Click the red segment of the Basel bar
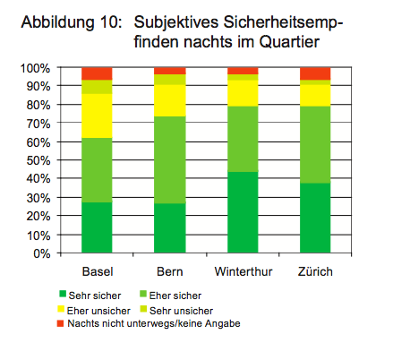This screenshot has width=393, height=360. click(97, 73)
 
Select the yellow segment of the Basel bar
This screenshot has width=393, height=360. click(97, 116)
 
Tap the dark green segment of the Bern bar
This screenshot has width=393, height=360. click(170, 228)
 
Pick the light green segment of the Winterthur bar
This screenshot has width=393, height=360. click(243, 139)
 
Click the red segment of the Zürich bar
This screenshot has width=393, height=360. click(315, 73)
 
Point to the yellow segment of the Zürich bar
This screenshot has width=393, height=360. click(315, 95)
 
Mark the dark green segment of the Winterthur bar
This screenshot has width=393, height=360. click(243, 212)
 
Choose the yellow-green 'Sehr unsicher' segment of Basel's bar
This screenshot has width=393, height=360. click(97, 87)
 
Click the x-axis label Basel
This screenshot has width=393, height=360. click(98, 271)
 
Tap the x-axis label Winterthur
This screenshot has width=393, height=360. click(243, 271)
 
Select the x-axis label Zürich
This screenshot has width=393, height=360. click(315, 271)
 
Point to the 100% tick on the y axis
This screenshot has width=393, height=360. click(35, 68)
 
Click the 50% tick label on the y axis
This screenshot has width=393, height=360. click(38, 160)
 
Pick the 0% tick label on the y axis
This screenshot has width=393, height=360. click(42, 253)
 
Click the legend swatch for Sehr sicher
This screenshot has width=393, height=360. click(63, 294)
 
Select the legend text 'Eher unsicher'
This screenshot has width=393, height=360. click(98, 311)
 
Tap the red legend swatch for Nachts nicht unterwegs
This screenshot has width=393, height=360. click(60, 323)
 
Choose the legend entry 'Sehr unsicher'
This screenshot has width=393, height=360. click(176, 311)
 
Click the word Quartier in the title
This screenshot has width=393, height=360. click(289, 42)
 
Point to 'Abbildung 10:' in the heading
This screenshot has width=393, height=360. click(72, 22)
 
